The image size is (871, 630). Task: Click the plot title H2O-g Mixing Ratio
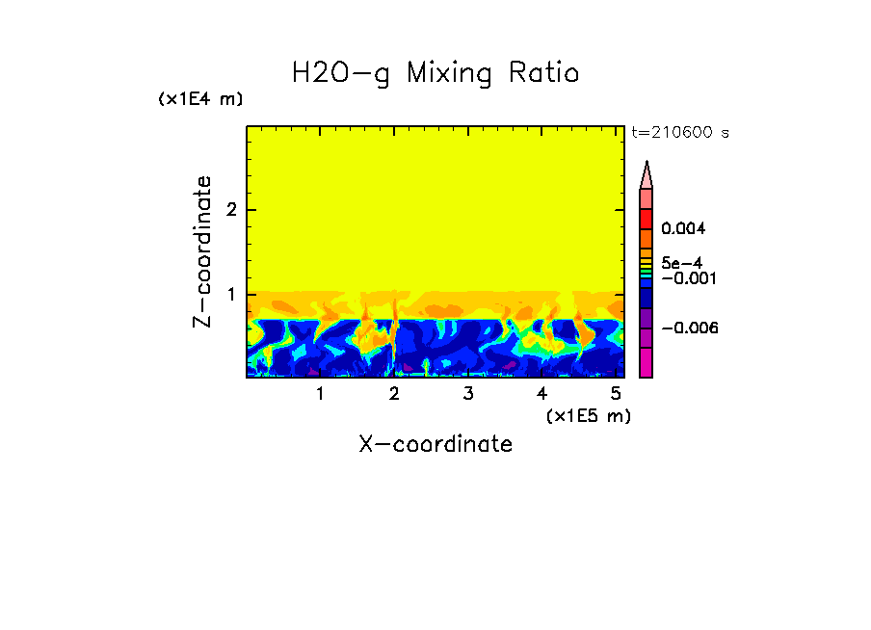tap(435, 73)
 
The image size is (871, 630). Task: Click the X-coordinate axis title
tap(435, 444)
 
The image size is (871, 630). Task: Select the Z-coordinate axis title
tap(202, 251)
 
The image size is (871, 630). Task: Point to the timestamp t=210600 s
tap(679, 133)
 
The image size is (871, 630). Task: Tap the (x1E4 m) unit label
tap(200, 99)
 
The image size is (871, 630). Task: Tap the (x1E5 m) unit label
tap(588, 415)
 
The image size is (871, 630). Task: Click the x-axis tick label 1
tap(320, 393)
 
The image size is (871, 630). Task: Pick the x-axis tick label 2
tap(394, 393)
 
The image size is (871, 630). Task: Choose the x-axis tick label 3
tap(468, 393)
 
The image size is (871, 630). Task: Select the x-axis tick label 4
tap(541, 393)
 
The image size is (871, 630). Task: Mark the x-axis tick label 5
tap(616, 393)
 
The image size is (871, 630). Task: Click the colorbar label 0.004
tap(683, 229)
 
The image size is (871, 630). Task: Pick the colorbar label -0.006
tap(690, 328)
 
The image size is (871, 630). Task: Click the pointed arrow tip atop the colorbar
tap(647, 171)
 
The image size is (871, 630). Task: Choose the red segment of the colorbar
tap(647, 218)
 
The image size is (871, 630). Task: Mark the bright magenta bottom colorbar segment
tap(647, 362)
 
